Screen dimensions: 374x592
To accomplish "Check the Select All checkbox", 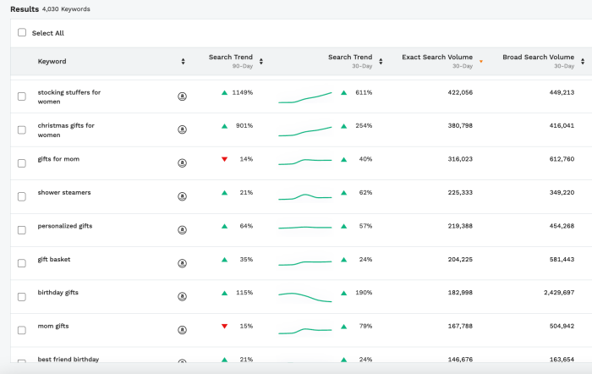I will tap(22, 33).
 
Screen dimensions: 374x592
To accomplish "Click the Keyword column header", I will tap(52, 61).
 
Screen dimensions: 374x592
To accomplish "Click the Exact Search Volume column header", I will tap(436, 58).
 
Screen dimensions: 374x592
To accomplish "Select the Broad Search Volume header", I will tap(537, 58).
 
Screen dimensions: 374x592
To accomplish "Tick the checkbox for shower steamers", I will tap(22, 196).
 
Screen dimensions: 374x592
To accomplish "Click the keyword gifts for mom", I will tap(58, 158).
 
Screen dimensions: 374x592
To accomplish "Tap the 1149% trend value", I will tap(243, 92).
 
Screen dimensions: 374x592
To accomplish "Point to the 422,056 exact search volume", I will tap(459, 92).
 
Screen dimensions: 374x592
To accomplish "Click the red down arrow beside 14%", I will tap(224, 159).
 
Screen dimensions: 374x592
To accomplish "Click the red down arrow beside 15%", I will tap(224, 326).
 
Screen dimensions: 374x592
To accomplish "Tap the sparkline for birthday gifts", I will tap(304, 296).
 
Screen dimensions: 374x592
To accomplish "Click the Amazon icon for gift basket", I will tap(182, 263).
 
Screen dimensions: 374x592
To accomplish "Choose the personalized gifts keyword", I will tap(65, 226).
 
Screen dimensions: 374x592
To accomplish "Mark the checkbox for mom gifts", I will tap(22, 329).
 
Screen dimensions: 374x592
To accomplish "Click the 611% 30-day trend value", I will tap(364, 92).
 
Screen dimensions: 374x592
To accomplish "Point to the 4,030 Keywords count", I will tap(66, 9).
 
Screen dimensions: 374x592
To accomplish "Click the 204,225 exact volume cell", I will tap(459, 259).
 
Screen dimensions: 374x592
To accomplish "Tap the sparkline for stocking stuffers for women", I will tap(304, 97).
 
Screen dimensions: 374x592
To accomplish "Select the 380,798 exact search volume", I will tap(459, 125).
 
